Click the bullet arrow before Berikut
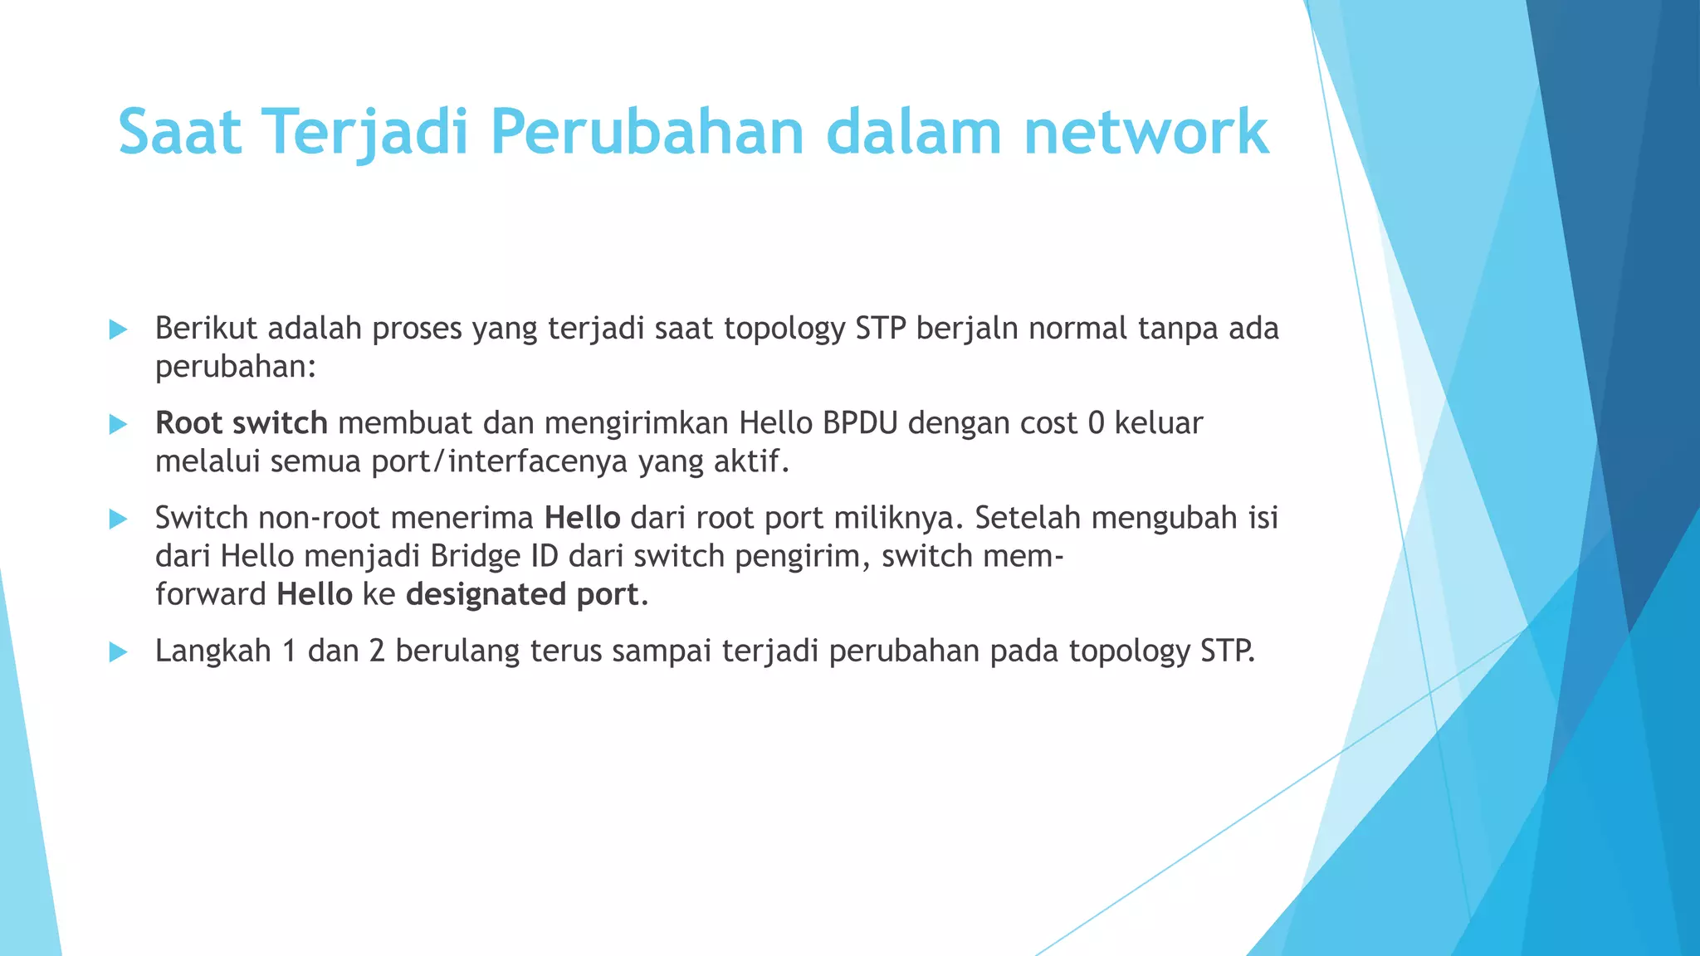[x=118, y=329]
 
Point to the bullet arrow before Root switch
[x=118, y=424]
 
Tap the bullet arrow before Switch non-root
[x=118, y=519]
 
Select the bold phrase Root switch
[x=241, y=423]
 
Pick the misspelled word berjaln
[x=968, y=329]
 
